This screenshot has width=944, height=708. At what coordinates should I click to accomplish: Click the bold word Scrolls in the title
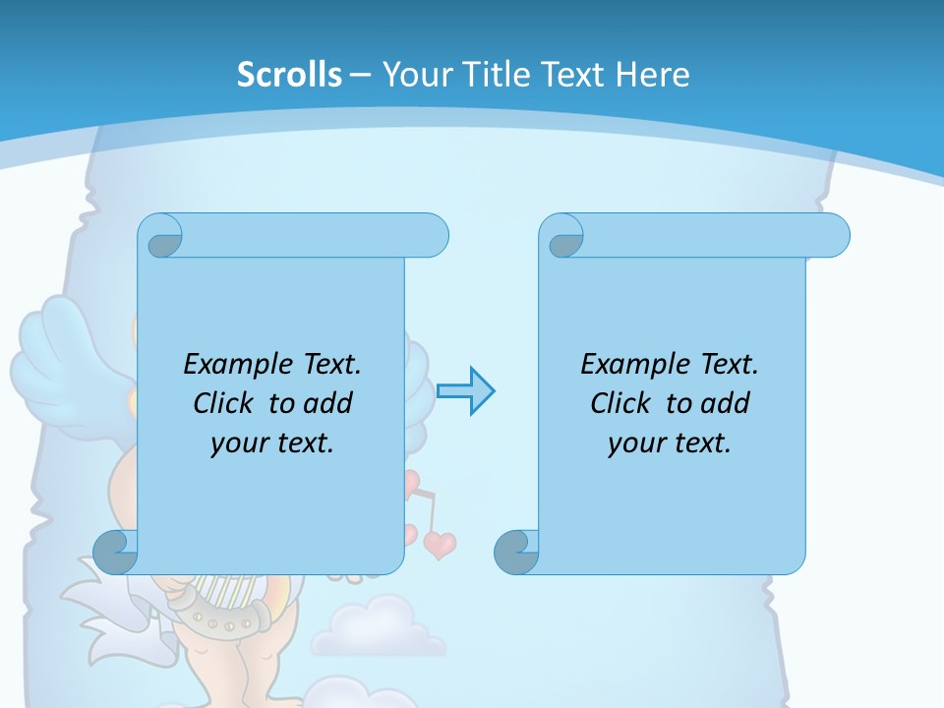(x=290, y=75)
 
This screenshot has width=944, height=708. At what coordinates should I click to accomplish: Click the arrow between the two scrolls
(x=465, y=390)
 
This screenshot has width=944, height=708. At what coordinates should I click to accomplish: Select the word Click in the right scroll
(x=620, y=403)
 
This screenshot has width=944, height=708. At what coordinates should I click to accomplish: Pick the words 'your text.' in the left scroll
(x=272, y=442)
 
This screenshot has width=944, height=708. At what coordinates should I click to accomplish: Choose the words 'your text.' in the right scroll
(x=670, y=442)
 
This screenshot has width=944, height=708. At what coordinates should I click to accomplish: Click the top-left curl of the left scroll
(x=164, y=237)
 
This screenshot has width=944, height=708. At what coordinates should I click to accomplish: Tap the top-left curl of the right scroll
(x=565, y=237)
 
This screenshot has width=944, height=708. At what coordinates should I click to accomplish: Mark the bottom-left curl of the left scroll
(x=115, y=552)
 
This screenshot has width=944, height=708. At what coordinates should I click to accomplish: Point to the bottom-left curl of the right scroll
(x=516, y=552)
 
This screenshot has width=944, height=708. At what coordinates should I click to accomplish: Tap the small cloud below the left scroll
(x=378, y=627)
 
